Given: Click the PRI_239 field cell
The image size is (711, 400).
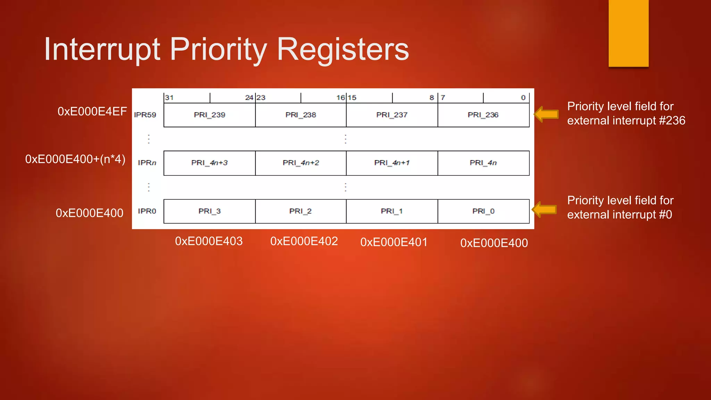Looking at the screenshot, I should (x=209, y=115).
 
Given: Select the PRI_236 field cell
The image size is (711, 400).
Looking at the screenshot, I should (x=483, y=115).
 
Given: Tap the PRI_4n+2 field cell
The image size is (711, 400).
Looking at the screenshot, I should (x=301, y=163).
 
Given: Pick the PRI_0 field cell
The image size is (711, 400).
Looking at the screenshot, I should (x=483, y=211).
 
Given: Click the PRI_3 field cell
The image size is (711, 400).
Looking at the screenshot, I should (x=209, y=211).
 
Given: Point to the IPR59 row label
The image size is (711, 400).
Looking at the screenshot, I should (x=145, y=115).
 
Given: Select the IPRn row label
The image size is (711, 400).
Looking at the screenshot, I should (x=147, y=163).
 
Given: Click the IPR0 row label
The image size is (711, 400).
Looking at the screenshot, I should (x=147, y=211).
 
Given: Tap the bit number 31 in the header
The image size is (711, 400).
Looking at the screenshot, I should (x=169, y=98).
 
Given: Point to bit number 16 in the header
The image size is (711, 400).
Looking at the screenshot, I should (x=340, y=98).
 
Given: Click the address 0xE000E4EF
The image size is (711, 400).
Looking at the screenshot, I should (x=92, y=111).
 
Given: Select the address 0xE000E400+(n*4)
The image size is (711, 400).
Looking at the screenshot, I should (x=75, y=159).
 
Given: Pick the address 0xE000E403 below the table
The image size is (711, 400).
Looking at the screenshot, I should (x=209, y=241).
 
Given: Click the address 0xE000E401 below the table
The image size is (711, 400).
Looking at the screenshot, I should (x=394, y=242).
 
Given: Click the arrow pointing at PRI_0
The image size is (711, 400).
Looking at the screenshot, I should (x=544, y=209).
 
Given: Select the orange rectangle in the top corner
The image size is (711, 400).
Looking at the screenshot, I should (x=628, y=33).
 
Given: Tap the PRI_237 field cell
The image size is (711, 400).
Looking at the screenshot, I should (x=392, y=115).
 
